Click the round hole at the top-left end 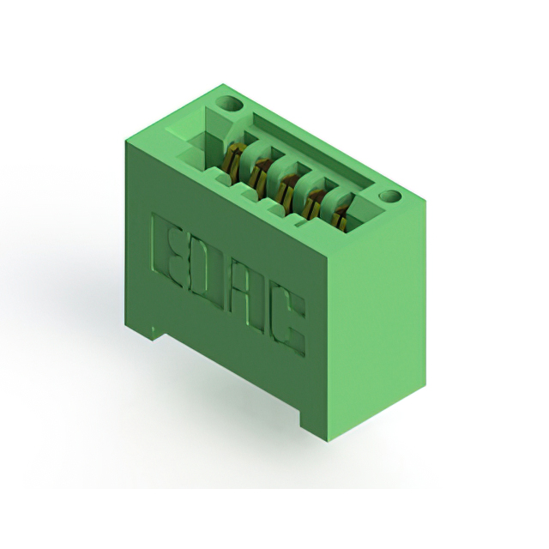click(x=228, y=104)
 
